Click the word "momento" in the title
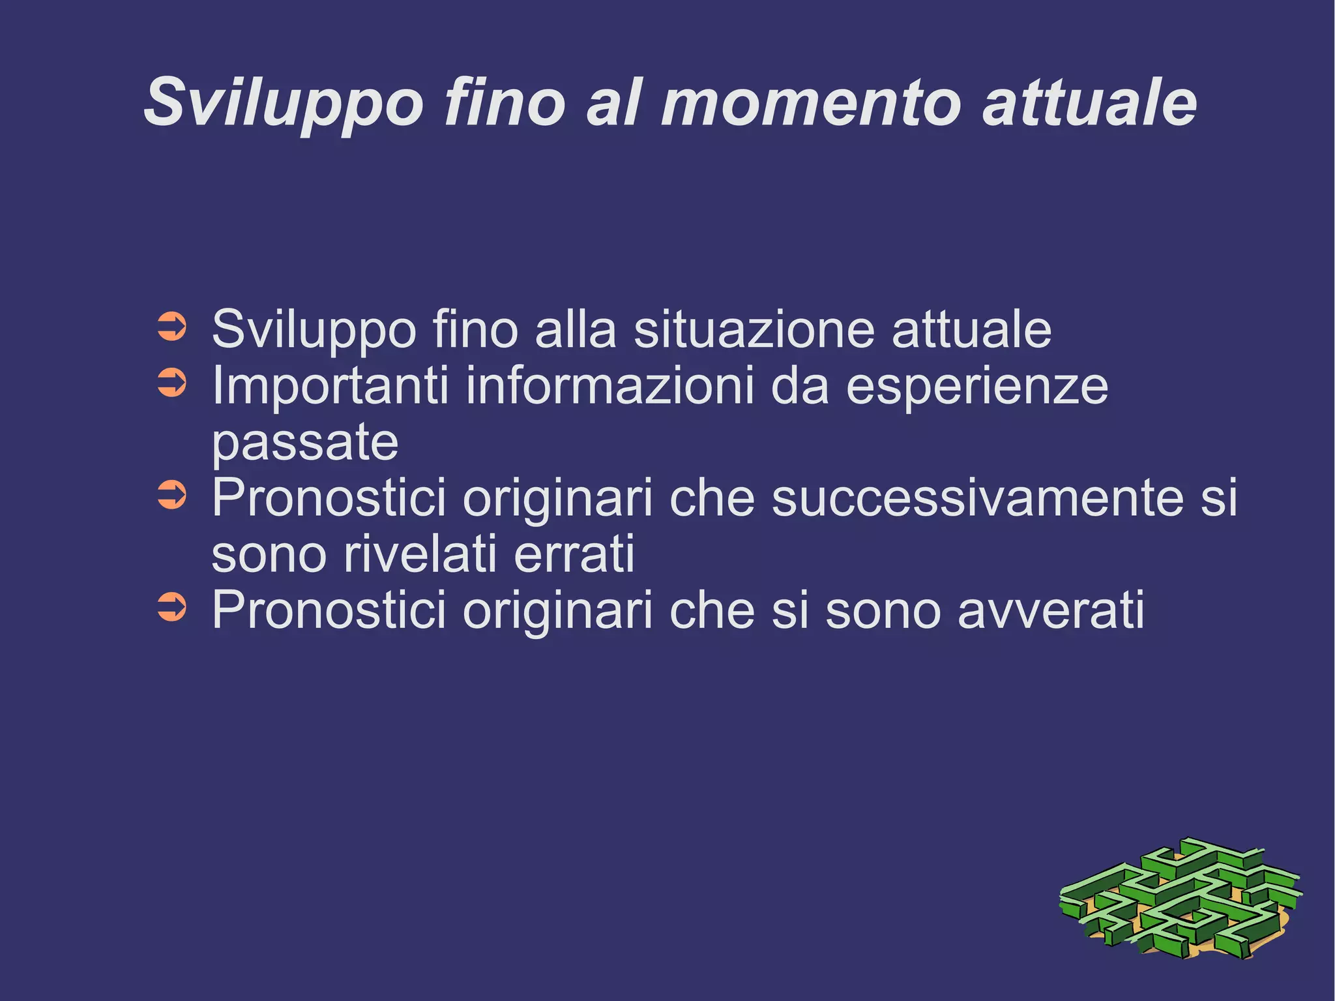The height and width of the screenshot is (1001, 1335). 812,103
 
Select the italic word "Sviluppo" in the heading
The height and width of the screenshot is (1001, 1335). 284,103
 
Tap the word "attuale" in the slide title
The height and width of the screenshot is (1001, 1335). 1089,103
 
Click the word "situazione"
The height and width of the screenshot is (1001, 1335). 754,330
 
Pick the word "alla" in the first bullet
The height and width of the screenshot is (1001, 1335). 575,330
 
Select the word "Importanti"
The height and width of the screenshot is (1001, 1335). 330,387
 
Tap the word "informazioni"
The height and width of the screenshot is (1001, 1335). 610,387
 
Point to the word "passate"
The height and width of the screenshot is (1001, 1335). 305,443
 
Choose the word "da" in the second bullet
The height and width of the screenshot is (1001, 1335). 800,387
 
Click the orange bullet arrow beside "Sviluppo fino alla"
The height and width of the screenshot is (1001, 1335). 172,327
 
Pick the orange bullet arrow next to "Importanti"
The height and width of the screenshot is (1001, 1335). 172,383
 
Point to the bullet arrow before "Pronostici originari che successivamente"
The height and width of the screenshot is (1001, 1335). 172,496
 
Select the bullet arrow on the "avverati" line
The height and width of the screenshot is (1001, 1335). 172,608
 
